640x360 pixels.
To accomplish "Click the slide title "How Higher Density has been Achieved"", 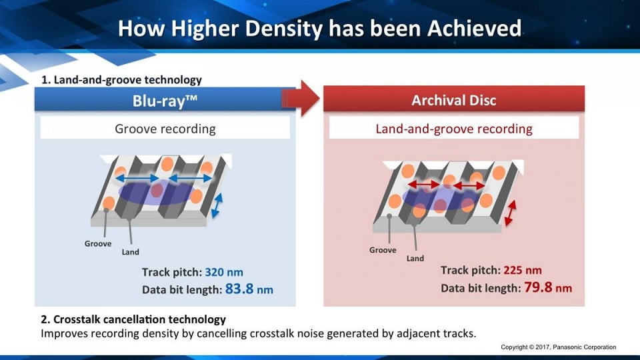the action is pyautogui.click(x=319, y=29).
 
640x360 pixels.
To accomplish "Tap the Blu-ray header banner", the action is pyautogui.click(x=165, y=99).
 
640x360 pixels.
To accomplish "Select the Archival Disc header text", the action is pyautogui.click(x=454, y=101).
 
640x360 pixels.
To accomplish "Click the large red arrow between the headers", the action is pyautogui.click(x=301, y=99).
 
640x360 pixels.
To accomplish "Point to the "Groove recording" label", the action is pyautogui.click(x=165, y=129).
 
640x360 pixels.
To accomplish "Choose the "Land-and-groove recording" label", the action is pyautogui.click(x=454, y=129).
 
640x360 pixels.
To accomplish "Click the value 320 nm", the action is pyautogui.click(x=224, y=272).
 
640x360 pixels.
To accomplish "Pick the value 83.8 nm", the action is pyautogui.click(x=249, y=289).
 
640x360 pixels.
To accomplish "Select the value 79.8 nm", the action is pyautogui.click(x=548, y=287).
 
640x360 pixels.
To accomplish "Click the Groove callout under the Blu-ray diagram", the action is pyautogui.click(x=98, y=244).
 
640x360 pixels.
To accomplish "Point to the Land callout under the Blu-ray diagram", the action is pyautogui.click(x=130, y=252).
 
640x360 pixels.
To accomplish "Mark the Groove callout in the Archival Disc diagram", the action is pyautogui.click(x=383, y=250).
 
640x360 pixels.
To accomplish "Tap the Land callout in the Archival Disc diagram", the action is pyautogui.click(x=415, y=259).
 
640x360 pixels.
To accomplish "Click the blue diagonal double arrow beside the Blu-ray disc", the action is pyautogui.click(x=217, y=205).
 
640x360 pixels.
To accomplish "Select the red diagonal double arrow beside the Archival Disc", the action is pyautogui.click(x=510, y=213).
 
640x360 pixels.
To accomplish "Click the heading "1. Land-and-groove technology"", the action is pyautogui.click(x=121, y=79).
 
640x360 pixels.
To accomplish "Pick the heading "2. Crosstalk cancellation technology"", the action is pyautogui.click(x=133, y=319).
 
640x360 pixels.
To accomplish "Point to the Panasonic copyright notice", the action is pyautogui.click(x=559, y=347).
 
